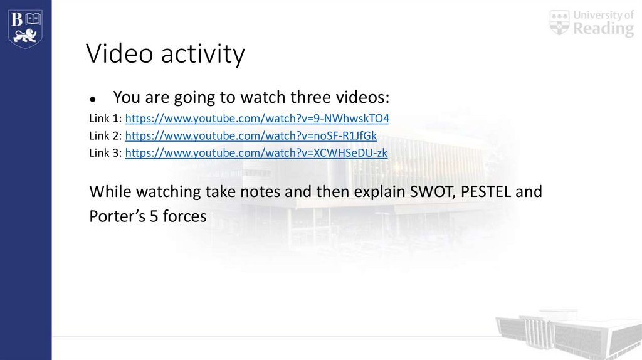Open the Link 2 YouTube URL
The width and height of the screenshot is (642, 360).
pyautogui.click(x=251, y=135)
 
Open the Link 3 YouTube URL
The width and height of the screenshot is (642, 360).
pyautogui.click(x=256, y=152)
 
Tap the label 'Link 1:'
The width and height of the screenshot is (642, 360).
pyautogui.click(x=105, y=119)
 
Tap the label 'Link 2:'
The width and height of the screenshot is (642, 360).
pyautogui.click(x=105, y=135)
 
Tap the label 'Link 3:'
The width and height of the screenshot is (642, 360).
pyautogui.click(x=105, y=152)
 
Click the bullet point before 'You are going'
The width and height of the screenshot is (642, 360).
pyautogui.click(x=92, y=99)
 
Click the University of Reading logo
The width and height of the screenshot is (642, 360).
pyautogui.click(x=592, y=23)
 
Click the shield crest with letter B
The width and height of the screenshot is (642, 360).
pyautogui.click(x=25, y=28)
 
